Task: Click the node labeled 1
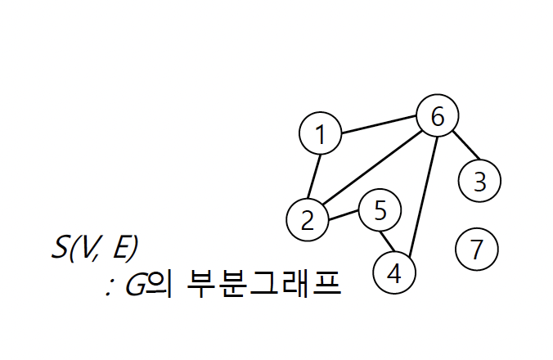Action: pos(321,135)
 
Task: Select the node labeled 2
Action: pos(308,220)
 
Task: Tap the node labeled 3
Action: pos(480,180)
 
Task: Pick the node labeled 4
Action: pos(394,272)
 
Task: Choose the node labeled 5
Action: pos(380,211)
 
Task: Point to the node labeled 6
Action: pos(437,118)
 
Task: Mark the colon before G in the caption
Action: pos(109,289)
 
